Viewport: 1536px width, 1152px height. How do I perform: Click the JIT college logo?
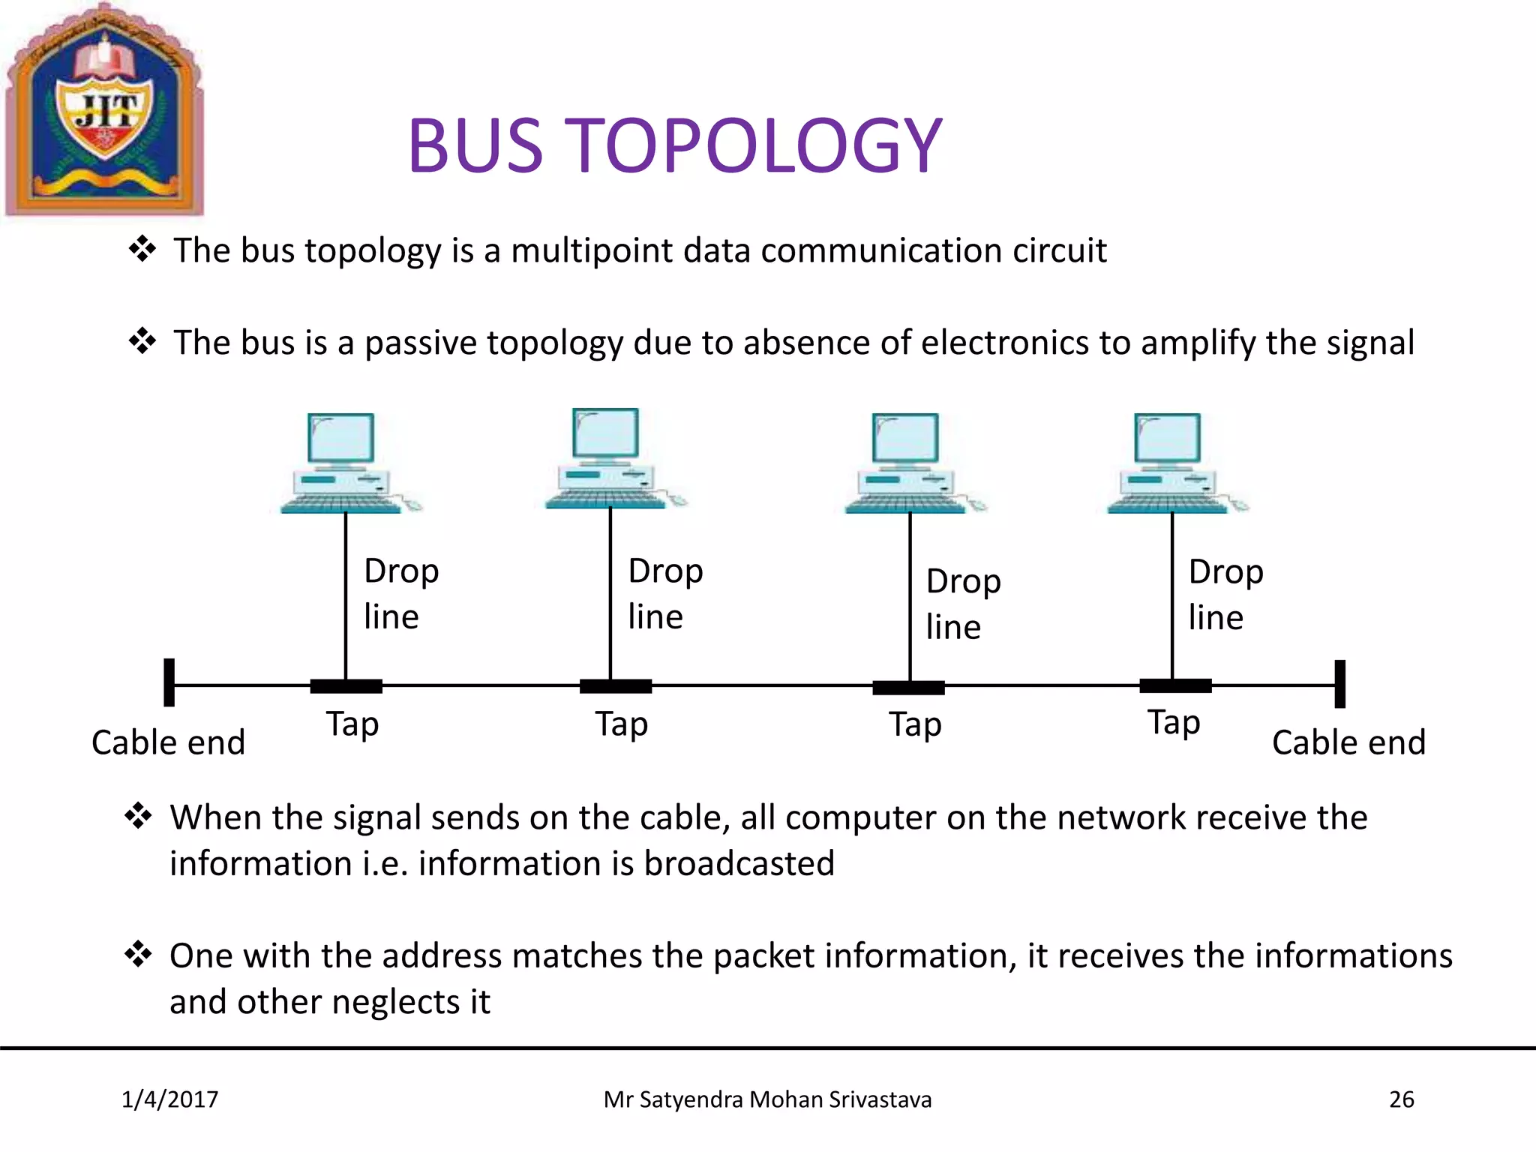coord(104,111)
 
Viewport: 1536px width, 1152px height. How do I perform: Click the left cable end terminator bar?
coord(169,682)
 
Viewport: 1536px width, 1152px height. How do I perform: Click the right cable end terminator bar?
coord(1340,684)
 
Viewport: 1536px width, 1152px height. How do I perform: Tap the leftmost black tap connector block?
coord(346,685)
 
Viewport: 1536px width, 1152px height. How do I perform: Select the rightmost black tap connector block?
coord(1175,685)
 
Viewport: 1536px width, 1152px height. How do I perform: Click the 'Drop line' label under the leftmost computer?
coord(400,593)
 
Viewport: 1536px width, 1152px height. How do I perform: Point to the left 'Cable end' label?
coord(168,742)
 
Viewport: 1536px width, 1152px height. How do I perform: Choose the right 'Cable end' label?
coord(1348,742)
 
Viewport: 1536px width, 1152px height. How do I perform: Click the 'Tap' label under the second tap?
coord(622,724)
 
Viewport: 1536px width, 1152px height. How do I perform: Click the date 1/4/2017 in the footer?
coord(170,1099)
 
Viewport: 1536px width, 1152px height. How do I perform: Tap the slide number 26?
coord(1401,1099)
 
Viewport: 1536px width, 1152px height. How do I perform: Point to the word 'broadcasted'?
coord(739,863)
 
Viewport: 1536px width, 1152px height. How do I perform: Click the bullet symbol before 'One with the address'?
coord(139,955)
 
